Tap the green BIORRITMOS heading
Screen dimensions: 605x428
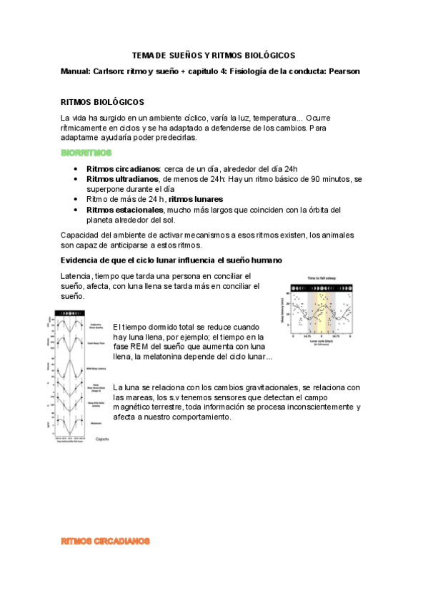coord(86,153)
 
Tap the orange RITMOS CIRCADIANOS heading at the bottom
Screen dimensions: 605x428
coord(105,542)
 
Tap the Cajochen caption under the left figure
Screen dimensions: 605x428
coord(101,439)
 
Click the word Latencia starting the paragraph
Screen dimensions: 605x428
coord(76,276)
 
